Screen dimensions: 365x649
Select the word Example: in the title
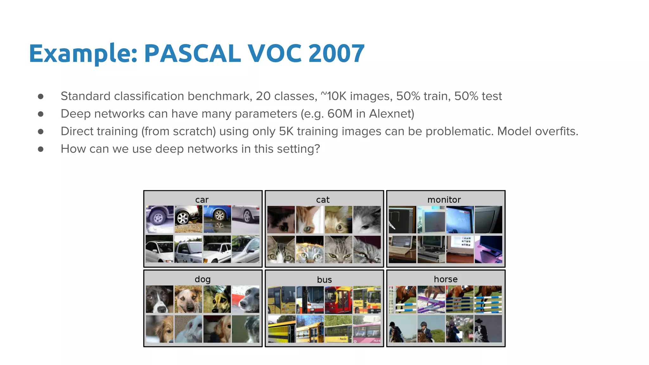(x=83, y=53)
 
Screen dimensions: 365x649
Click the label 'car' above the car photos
(x=202, y=200)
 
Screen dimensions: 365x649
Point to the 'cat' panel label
(x=323, y=200)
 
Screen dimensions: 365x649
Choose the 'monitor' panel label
(x=444, y=200)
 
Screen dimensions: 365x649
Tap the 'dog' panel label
(x=202, y=279)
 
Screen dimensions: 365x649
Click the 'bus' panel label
(x=324, y=279)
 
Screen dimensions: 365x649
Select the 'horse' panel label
(x=446, y=279)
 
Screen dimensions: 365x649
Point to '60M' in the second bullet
(x=340, y=114)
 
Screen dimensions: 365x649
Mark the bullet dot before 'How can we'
(x=41, y=149)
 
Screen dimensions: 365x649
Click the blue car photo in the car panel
(x=217, y=219)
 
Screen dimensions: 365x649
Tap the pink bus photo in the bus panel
(x=367, y=329)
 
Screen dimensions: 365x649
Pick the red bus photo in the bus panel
(x=338, y=300)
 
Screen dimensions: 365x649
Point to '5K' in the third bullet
(x=286, y=131)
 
